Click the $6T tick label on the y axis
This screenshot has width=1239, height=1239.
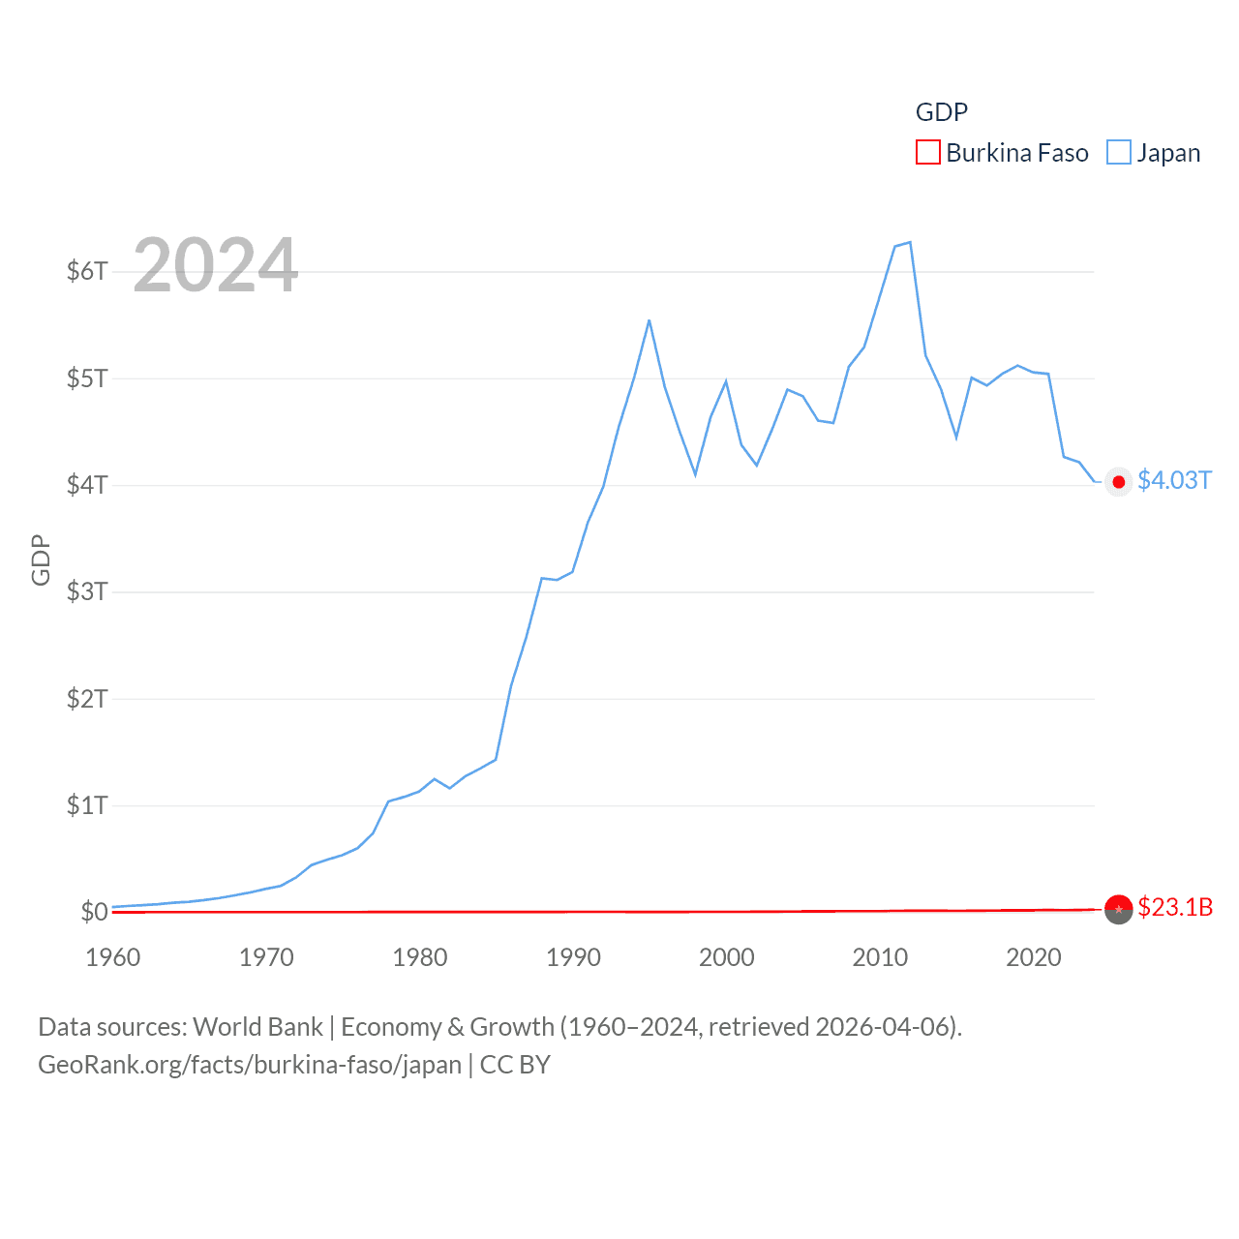87,271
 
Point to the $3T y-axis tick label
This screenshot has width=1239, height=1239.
87,591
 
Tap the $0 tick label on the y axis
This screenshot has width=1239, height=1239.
94,912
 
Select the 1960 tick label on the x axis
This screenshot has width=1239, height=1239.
113,957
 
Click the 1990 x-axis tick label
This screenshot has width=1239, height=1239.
573,957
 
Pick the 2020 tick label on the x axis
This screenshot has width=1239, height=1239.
1034,957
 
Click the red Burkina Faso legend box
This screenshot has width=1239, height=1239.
927,153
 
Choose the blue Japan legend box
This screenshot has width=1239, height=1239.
1118,153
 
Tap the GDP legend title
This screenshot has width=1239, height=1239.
941,112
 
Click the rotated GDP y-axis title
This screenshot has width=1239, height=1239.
41,559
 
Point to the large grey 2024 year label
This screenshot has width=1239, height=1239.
215,265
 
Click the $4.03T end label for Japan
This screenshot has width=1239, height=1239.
1174,481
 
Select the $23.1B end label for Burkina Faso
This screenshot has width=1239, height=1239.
1175,907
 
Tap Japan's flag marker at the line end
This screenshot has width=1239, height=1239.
1118,482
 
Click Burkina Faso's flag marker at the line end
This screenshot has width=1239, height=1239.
1118,909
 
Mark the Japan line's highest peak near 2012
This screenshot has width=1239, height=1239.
910,242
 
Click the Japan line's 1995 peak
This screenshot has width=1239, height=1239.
649,320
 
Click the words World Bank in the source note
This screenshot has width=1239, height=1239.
257,1027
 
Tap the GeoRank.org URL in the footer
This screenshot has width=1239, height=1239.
250,1065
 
